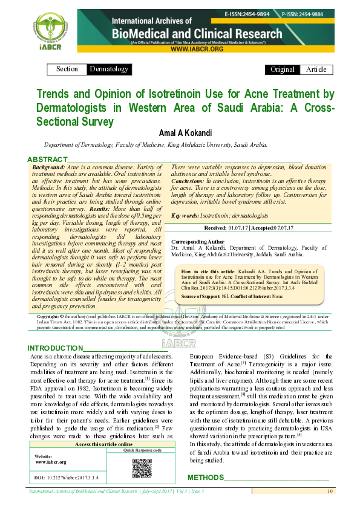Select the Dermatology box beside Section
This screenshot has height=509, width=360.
109,69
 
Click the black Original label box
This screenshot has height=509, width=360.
283,70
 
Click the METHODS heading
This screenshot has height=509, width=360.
206,478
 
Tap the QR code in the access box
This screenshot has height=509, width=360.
142,468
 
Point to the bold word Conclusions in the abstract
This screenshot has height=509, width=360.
188,181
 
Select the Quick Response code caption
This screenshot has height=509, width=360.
142,450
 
